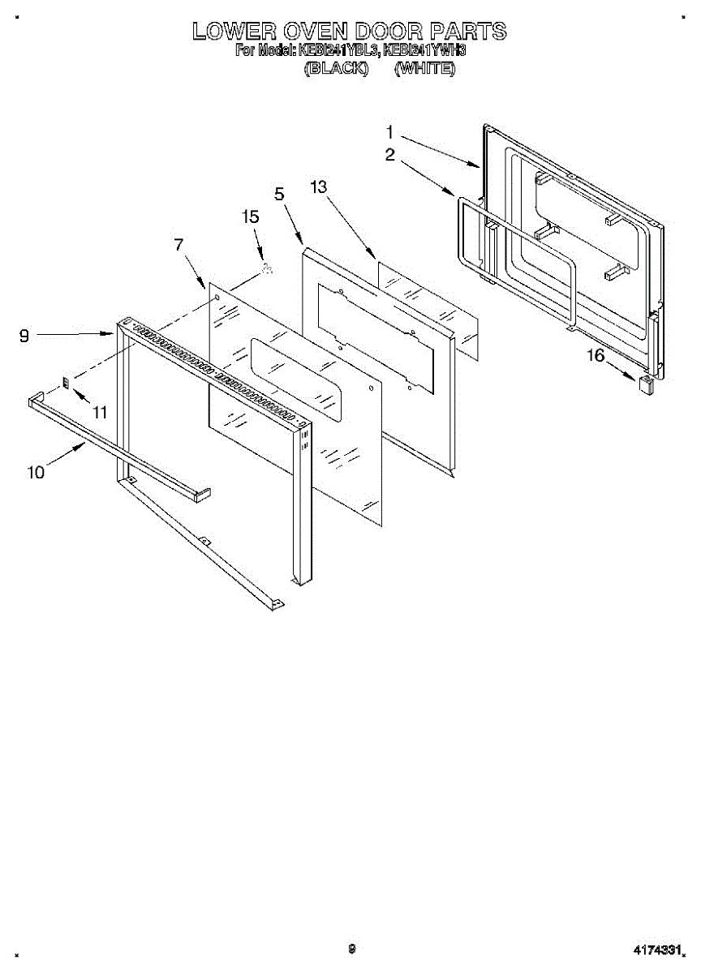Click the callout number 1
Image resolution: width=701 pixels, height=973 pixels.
coord(389,131)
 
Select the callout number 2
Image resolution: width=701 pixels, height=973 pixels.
coord(390,155)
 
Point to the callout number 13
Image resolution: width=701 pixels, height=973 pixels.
coord(318,186)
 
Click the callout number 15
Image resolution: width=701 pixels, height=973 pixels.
coord(251,216)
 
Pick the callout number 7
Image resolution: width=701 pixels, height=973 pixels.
coord(179,244)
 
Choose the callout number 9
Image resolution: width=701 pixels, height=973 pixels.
coord(25,334)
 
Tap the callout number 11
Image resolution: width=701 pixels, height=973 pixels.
coord(100,412)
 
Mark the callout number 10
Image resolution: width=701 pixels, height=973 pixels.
coord(36,472)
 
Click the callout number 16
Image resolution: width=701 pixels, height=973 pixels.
coord(596,354)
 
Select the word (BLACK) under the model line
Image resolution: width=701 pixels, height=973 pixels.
coord(336,69)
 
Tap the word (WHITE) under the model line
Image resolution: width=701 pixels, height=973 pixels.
coord(424,69)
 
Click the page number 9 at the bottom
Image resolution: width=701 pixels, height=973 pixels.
coord(351,948)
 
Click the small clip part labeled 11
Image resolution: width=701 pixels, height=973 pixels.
coord(67,383)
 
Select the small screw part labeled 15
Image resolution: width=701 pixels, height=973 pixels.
coord(267,270)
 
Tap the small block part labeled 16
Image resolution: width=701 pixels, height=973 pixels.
coord(647,384)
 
